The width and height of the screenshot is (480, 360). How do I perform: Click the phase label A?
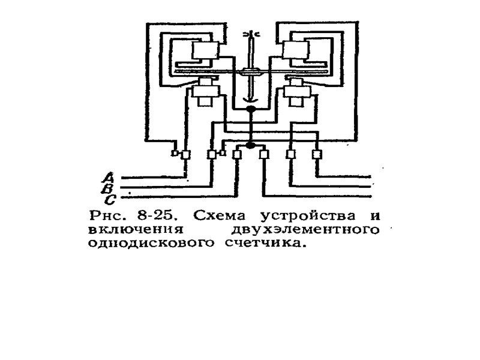(109, 177)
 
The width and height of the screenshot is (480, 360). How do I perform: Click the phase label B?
(109, 188)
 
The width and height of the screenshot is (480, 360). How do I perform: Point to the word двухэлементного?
(307, 230)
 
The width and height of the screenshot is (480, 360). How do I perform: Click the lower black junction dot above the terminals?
(250, 145)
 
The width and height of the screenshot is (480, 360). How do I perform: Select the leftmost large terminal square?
(185, 154)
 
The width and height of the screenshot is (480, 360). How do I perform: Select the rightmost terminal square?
(317, 154)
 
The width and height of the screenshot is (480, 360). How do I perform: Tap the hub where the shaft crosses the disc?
(251, 73)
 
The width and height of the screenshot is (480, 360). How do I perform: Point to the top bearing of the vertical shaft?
(251, 35)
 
